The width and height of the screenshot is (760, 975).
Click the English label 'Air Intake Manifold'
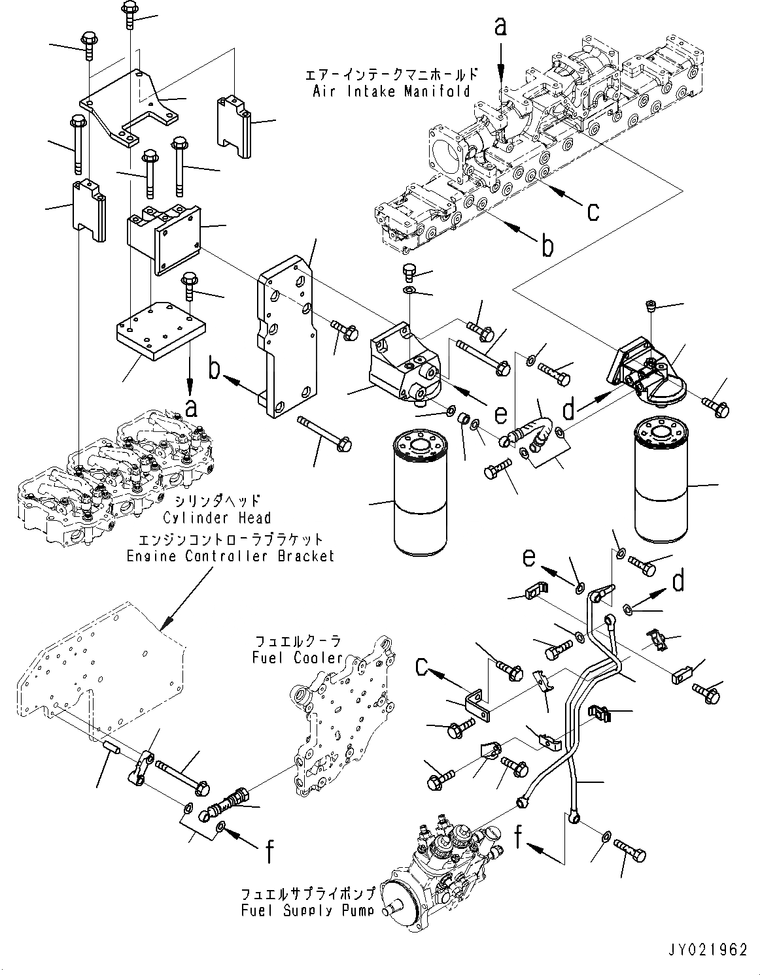[390, 91]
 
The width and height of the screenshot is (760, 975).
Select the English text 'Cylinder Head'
[216, 518]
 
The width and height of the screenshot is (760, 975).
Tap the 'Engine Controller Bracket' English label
[230, 556]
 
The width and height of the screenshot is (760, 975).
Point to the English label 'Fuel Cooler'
[298, 657]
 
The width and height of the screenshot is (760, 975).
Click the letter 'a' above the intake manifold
[500, 26]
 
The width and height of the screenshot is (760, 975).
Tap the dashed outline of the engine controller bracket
[98, 673]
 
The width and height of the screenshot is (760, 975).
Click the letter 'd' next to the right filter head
[570, 410]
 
